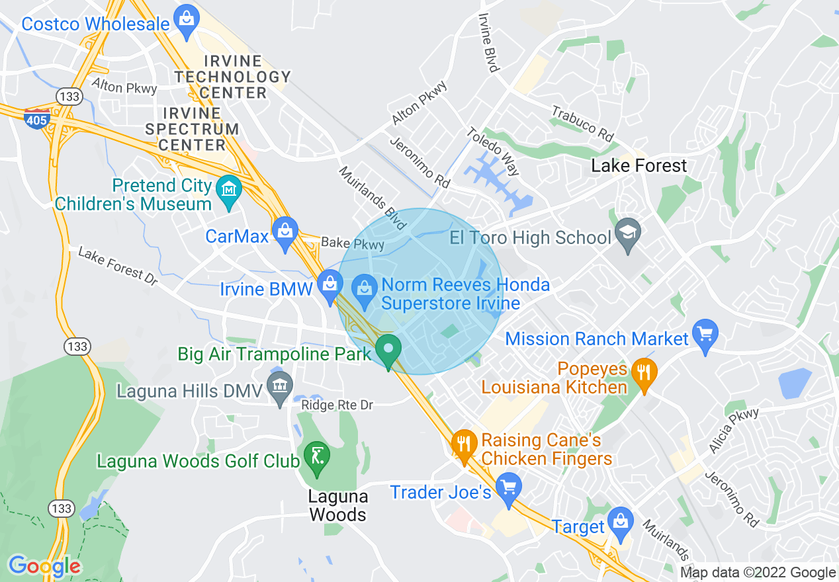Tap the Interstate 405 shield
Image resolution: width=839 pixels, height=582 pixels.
pos(36,118)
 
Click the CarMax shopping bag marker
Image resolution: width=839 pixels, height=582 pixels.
pos(285,234)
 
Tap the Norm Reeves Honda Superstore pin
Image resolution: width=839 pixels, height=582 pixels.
pos(363,288)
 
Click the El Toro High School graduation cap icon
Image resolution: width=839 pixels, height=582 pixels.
pos(627,235)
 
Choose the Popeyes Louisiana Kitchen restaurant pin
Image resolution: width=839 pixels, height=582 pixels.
pos(642,374)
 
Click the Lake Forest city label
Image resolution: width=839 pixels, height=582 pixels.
pos(639,165)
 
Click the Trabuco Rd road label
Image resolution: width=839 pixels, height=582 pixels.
pos(583,122)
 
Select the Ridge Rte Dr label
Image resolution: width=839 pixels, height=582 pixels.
pos(337,405)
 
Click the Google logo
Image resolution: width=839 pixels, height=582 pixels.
pos(45,566)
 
